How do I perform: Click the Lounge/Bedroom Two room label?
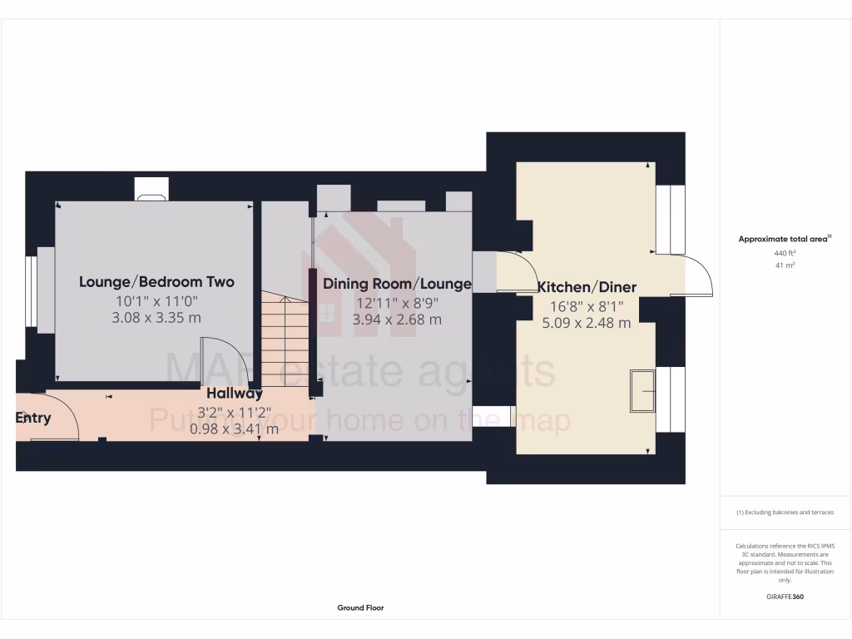156,282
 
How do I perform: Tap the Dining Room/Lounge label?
397,284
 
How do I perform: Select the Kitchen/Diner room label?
587,287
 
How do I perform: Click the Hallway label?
235,394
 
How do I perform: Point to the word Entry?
33,418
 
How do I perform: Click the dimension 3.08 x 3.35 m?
156,318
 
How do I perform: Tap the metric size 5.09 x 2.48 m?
587,323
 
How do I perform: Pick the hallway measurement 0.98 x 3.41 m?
235,429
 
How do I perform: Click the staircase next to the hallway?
285,337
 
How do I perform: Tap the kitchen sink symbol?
641,390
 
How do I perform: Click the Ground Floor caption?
360,608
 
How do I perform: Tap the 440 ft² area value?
785,253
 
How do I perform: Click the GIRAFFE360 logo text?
785,597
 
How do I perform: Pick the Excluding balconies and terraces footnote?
785,513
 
